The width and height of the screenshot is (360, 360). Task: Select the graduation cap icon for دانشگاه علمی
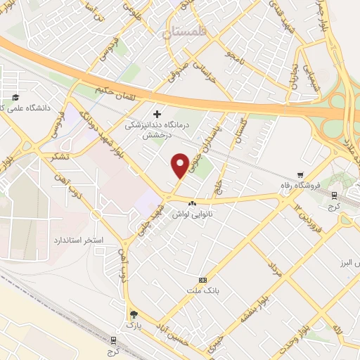(x=15, y=97)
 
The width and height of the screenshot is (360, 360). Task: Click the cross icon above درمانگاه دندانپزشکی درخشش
(x=156, y=112)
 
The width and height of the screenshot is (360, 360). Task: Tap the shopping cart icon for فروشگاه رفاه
(x=301, y=176)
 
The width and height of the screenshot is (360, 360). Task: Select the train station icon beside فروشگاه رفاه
(x=333, y=197)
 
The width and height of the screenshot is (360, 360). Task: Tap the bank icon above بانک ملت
(x=203, y=280)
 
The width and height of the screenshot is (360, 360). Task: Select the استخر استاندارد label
(x=78, y=240)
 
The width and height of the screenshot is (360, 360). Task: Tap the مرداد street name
(x=274, y=269)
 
